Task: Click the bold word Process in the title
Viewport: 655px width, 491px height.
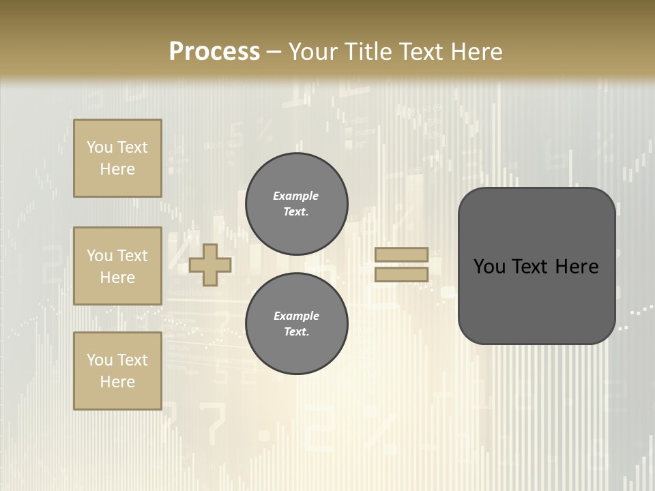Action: (214, 52)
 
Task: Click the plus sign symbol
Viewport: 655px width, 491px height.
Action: (210, 265)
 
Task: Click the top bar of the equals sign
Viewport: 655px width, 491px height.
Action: (402, 254)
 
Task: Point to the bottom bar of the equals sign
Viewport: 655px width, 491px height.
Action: (402, 275)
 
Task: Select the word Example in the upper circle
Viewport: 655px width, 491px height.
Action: (295, 196)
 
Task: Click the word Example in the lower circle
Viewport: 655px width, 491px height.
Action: (296, 316)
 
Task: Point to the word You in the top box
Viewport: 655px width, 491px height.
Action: (100, 147)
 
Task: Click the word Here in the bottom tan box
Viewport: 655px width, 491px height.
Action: (117, 382)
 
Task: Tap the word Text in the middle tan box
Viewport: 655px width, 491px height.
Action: (132, 256)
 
